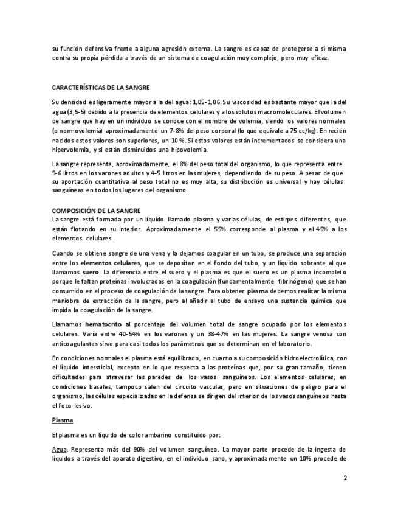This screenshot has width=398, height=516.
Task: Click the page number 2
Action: (345, 478)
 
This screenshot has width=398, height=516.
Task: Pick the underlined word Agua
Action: (59, 449)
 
